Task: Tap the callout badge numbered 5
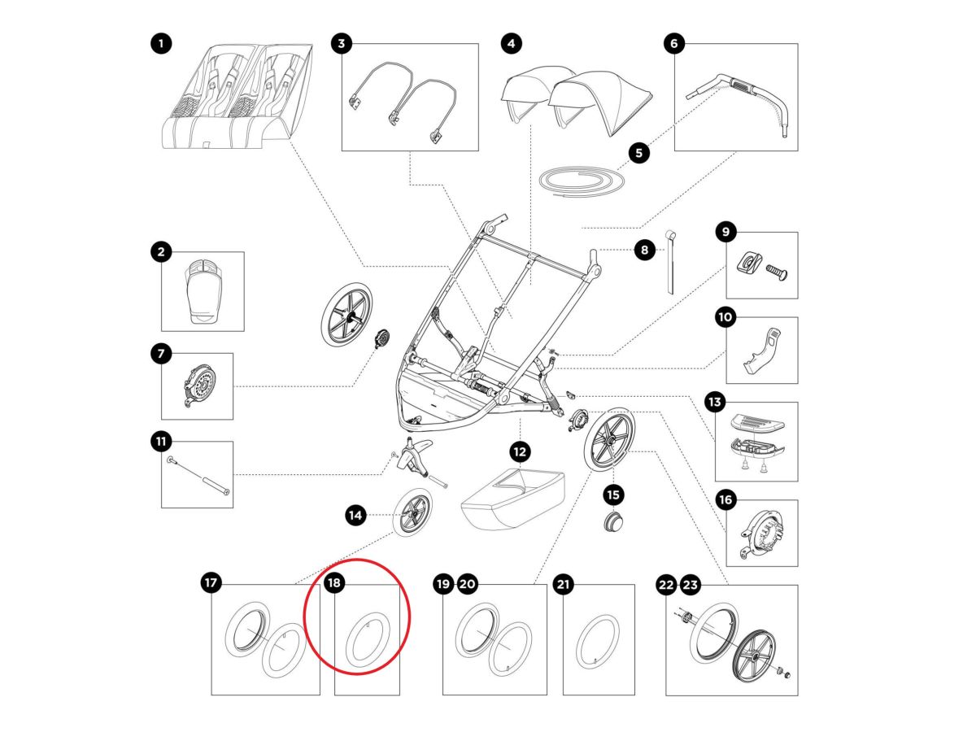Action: [x=638, y=151]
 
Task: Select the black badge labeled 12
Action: [x=520, y=450]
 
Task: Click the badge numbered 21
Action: [x=563, y=583]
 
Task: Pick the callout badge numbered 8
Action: [x=644, y=251]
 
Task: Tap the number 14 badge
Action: [x=355, y=514]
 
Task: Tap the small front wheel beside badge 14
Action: [x=414, y=514]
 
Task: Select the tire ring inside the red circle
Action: [x=368, y=641]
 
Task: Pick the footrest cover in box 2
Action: [x=203, y=289]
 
